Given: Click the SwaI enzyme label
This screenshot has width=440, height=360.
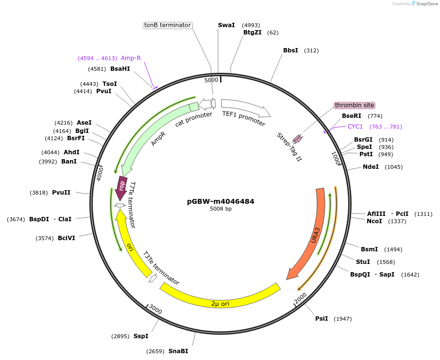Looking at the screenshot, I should pyautogui.click(x=226, y=25).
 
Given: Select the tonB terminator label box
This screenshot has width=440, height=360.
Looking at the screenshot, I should pyautogui.click(x=168, y=25).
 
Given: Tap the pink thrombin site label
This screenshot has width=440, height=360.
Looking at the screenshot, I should pyautogui.click(x=355, y=105).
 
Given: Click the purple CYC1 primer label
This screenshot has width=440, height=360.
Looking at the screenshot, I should pyautogui.click(x=355, y=127).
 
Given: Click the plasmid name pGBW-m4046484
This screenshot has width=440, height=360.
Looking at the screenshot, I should pyautogui.click(x=220, y=201).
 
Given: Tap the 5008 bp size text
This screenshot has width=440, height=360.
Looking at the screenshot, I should pyautogui.click(x=220, y=209).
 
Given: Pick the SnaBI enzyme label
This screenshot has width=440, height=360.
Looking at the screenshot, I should pyautogui.click(x=178, y=351).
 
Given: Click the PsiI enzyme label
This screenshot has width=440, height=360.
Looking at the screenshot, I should pyautogui.click(x=322, y=319).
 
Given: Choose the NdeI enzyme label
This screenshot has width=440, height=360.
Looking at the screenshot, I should pyautogui.click(x=371, y=167).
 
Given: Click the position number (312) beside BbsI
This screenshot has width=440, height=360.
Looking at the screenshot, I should pyautogui.click(x=311, y=50).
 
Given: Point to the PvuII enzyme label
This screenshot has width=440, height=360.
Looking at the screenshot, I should pyautogui.click(x=61, y=193).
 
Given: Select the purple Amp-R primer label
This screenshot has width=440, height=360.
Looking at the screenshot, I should pyautogui.click(x=131, y=58).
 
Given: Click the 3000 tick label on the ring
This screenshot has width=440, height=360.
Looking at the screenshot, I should pyautogui.click(x=155, y=310).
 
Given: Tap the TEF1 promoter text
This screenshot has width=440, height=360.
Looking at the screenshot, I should pyautogui.click(x=244, y=118).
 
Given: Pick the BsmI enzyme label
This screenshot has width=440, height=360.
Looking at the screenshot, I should pyautogui.click(x=369, y=249).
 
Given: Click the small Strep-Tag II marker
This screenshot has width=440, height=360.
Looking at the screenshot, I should pyautogui.click(x=297, y=139).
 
